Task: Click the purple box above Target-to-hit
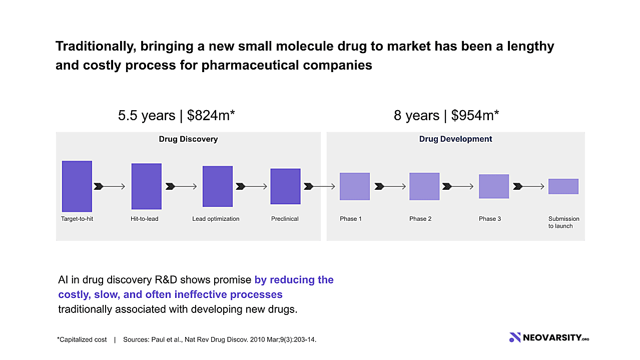77,186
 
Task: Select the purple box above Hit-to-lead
146,186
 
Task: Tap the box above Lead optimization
218,186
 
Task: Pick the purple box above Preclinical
285,186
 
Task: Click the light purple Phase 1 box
355,186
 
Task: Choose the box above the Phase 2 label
424,186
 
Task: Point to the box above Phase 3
494,186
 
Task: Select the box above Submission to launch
563,186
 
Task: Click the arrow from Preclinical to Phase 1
319,186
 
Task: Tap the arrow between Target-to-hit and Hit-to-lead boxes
110,186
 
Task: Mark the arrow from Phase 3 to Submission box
528,186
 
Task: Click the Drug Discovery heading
188,139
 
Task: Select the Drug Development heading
455,139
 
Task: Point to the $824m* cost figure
211,116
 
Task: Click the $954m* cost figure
475,116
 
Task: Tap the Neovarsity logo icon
515,337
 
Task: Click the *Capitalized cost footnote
82,339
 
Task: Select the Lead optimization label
216,219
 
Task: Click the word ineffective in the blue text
200,294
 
